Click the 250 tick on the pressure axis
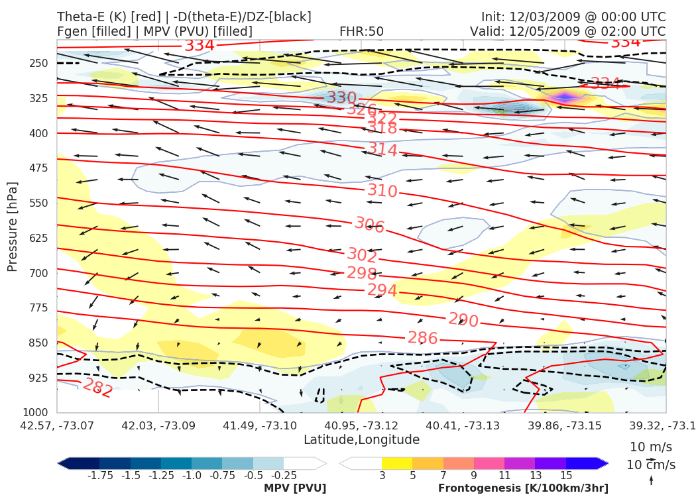point(39,63)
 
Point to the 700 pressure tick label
point(39,273)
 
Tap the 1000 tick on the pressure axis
point(36,412)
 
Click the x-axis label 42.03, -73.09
point(158,424)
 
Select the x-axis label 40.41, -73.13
point(463,424)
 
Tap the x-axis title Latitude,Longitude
point(361,439)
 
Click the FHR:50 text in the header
point(361,31)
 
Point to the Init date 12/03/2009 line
point(573,17)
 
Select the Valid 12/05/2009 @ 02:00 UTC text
point(567,31)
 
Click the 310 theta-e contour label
point(382,192)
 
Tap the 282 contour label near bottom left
point(97,387)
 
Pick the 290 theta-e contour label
point(463,320)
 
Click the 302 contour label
point(362,255)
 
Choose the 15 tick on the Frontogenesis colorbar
point(566,476)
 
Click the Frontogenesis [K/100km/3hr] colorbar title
point(522,488)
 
